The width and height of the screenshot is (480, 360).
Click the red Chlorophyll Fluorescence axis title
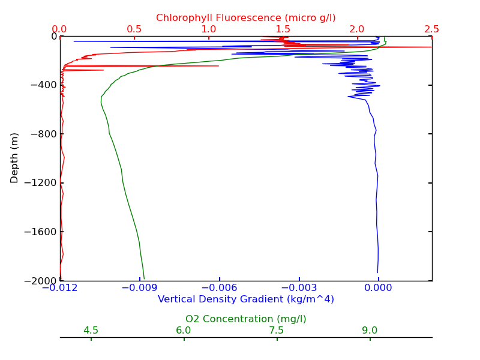tap(246, 18)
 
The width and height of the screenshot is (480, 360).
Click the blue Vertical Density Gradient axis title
tap(246, 299)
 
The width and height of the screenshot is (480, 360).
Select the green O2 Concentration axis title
tap(246, 319)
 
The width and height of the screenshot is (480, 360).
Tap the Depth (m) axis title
tap(15, 158)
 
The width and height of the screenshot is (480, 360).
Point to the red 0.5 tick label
tap(134, 29)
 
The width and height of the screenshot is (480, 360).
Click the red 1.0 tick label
tap(209, 29)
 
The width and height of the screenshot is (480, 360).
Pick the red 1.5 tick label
tap(283, 29)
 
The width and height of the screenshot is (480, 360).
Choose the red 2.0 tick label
tap(358, 29)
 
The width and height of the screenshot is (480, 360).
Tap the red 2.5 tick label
tap(431, 29)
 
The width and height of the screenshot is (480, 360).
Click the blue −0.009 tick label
tap(140, 289)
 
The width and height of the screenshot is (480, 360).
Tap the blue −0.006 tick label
tap(220, 289)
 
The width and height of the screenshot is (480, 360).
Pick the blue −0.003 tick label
tap(299, 289)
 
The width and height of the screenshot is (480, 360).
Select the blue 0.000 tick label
tap(379, 289)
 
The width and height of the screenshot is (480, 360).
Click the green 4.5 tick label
tap(91, 331)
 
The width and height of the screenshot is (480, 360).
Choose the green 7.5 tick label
tap(277, 331)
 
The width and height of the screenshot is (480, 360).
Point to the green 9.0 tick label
tap(370, 331)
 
